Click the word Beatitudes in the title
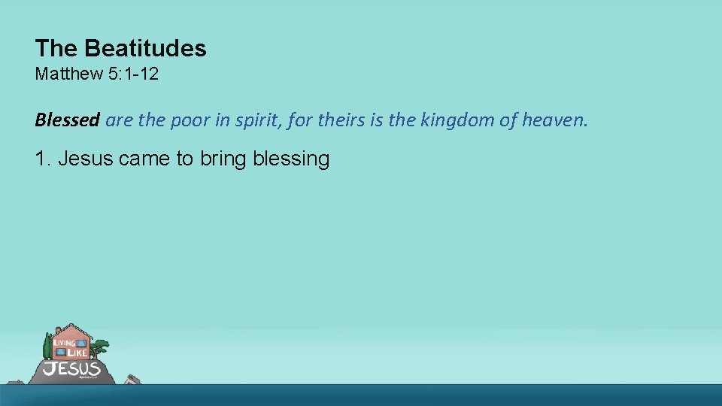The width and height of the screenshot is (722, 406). [145, 49]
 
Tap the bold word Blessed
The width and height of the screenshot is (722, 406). [67, 120]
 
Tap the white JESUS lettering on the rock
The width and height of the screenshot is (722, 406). [71, 369]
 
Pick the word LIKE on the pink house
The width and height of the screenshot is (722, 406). [77, 353]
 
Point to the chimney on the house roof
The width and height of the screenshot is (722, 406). [59, 331]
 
